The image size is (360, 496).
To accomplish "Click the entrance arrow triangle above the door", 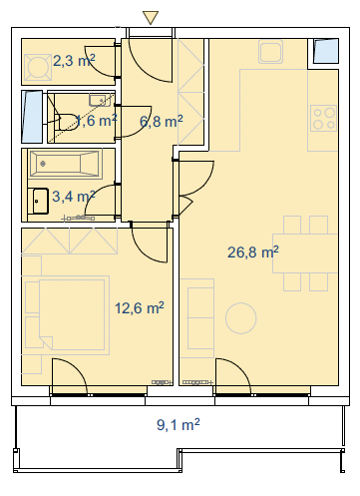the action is coord(151,17).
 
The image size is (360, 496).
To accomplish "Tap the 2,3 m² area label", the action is coord(74,61).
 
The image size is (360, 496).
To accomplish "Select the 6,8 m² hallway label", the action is coord(162,122).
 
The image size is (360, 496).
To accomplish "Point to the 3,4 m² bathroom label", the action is coord(74,197).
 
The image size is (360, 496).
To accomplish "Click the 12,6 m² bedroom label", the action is coord(140,308).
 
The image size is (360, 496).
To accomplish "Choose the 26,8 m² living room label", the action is coord(253,252).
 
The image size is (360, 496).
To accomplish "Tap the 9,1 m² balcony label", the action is coord(179,425).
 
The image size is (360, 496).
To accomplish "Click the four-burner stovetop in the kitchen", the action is coord(323,118).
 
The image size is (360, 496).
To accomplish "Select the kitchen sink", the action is coord(271,51).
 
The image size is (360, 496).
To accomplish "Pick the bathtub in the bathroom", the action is coord(65,164).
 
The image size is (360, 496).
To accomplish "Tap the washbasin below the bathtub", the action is coord(41,201).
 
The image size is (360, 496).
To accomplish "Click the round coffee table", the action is coord(241,318).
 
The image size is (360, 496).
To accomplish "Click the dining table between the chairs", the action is coord(305,253).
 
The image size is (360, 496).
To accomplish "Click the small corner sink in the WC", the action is coord(100,100).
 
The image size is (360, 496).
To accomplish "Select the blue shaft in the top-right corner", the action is coord(326,51).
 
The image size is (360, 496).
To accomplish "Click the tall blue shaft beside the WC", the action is coord(32,117).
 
